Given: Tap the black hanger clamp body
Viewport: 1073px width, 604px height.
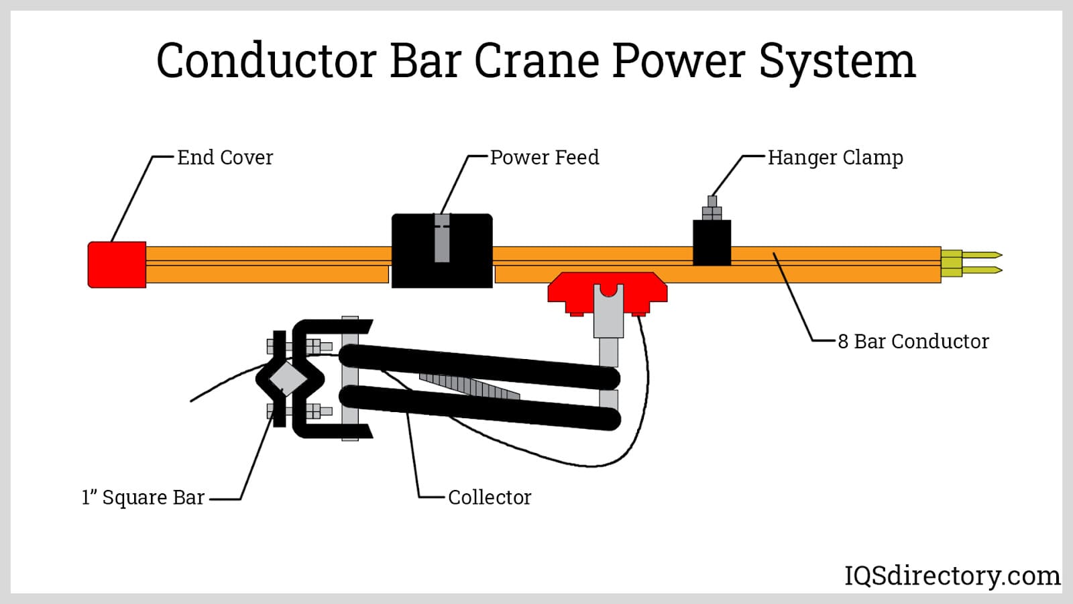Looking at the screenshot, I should [x=712, y=242].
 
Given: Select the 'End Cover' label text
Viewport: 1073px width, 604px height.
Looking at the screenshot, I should [x=225, y=158].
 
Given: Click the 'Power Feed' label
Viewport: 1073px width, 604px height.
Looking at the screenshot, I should [x=545, y=158].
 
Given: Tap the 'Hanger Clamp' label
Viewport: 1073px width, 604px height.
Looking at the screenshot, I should [x=835, y=158].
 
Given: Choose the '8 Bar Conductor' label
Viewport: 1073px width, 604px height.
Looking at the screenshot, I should [x=913, y=342].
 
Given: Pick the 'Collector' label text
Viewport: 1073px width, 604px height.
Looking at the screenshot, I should [x=490, y=497].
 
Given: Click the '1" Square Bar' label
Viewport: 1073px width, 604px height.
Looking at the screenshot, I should [x=143, y=497].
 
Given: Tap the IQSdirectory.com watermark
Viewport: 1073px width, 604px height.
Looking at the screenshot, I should [x=952, y=576].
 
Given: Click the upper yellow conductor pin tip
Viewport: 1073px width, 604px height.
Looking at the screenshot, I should [x=986, y=255].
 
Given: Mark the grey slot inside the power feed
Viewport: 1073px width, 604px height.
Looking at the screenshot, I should [x=442, y=238].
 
